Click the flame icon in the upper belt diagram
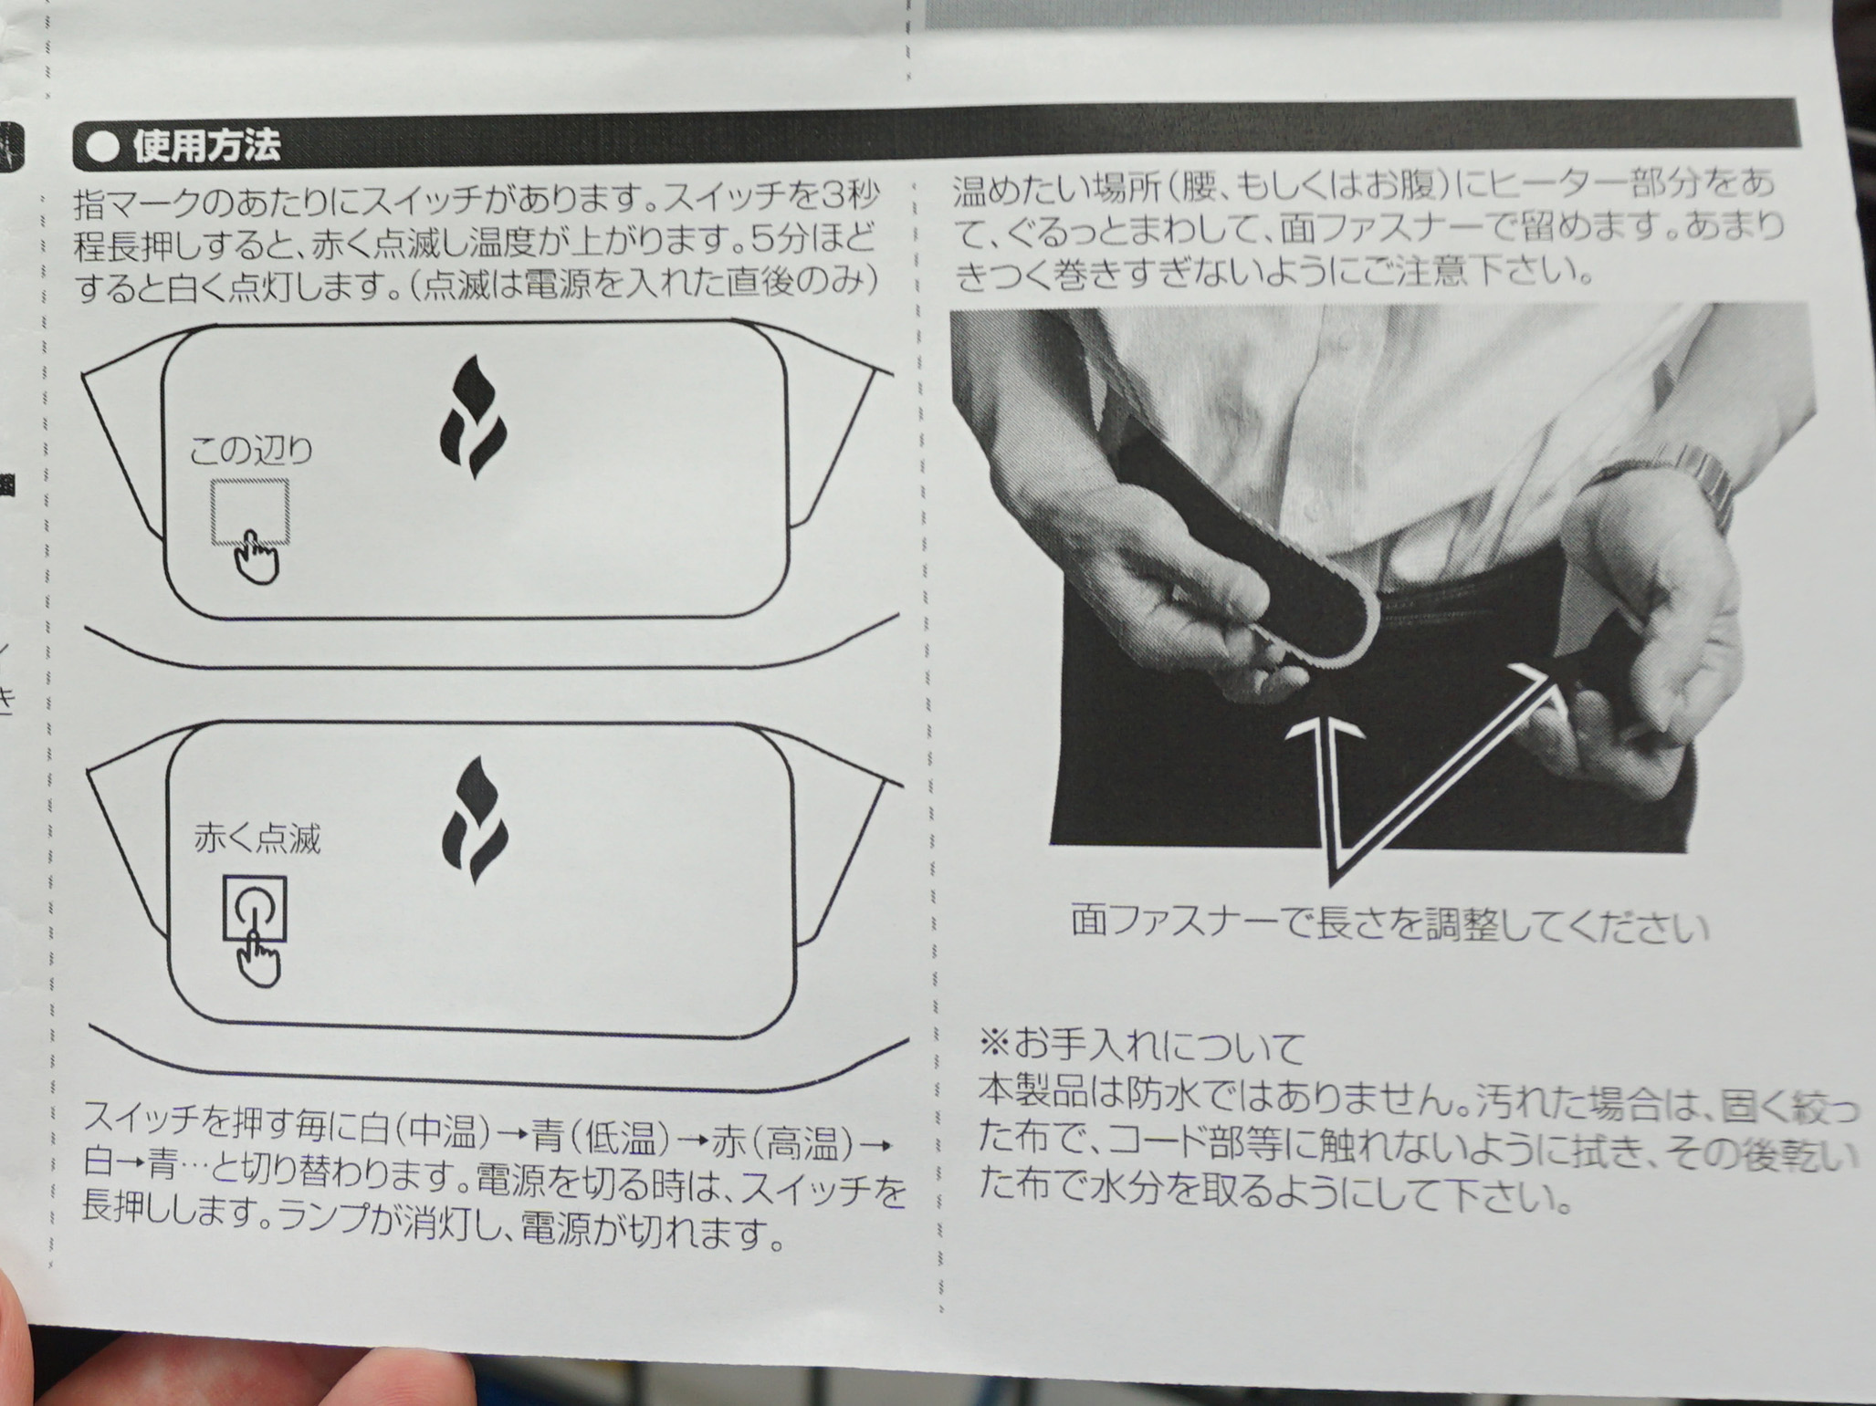(x=473, y=416)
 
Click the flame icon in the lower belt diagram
(x=475, y=819)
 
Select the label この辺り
(x=251, y=450)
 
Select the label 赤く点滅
(x=257, y=838)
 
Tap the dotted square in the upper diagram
(x=250, y=511)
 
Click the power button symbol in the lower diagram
(x=255, y=908)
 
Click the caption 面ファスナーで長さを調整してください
(x=1389, y=923)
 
